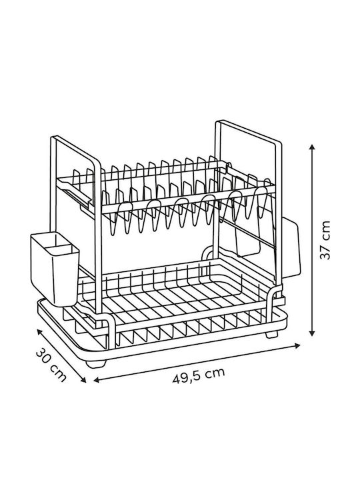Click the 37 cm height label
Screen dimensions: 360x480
(x=325, y=240)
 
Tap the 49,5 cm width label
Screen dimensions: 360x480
(x=199, y=375)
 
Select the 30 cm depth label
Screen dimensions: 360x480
(x=51, y=365)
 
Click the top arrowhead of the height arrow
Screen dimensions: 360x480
(x=312, y=147)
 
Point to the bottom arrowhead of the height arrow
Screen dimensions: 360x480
(x=312, y=333)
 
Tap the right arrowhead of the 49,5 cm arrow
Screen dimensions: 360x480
(x=297, y=345)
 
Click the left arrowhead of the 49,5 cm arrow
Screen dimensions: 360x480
(x=97, y=380)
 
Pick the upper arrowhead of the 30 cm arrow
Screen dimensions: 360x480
(x=39, y=331)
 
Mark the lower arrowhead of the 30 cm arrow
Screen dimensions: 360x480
(x=83, y=380)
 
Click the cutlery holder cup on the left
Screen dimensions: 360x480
(x=55, y=269)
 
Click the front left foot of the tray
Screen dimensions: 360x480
(x=95, y=363)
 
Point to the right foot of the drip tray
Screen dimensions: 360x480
(x=272, y=333)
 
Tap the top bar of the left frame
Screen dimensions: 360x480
(x=76, y=150)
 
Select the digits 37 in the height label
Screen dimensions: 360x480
(x=325, y=253)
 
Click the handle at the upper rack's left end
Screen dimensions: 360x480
(x=75, y=193)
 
